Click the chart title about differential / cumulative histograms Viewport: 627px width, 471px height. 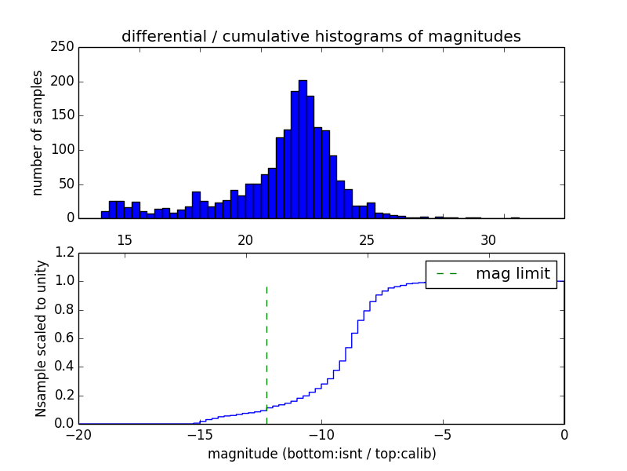321,37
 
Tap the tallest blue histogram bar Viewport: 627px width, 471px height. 303,149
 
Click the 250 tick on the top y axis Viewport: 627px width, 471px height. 66,47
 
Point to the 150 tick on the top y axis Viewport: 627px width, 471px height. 66,115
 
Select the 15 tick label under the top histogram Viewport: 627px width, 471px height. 124,239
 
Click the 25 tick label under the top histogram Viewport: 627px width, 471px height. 367,239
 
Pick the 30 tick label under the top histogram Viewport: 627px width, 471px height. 488,239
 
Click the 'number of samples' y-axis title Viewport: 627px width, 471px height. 38,133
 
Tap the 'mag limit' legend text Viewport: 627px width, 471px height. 513,274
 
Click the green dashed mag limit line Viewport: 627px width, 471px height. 266,345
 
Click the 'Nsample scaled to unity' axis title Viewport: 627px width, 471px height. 41,338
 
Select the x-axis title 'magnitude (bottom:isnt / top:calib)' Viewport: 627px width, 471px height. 321,455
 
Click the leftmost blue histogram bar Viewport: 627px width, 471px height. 105,214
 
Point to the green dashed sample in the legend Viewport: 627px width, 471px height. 448,274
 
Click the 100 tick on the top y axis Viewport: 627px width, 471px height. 66,150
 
